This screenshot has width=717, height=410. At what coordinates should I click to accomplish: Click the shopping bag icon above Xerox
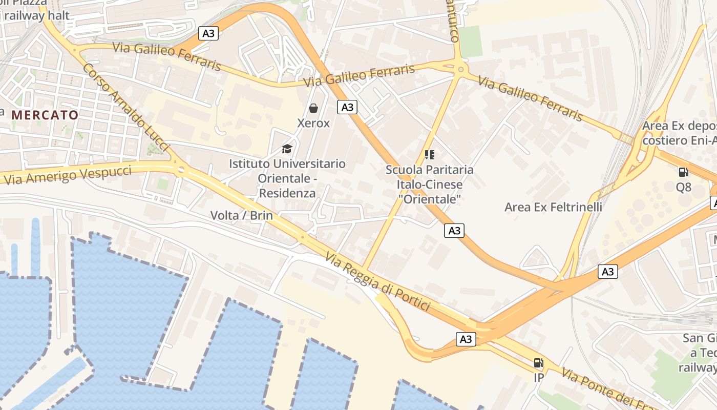point(313,108)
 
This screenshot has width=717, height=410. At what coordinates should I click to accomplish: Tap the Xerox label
point(313,124)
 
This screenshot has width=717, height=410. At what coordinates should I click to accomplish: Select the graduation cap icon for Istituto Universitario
point(287,149)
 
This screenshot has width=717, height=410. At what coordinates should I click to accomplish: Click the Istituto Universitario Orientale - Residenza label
point(287,178)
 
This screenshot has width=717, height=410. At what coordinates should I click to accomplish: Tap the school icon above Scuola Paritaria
point(429,154)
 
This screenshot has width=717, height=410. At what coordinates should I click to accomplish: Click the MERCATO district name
point(45,115)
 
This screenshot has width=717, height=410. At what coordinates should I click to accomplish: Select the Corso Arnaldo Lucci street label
point(125,107)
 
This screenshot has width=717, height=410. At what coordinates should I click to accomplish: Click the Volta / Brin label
point(242,216)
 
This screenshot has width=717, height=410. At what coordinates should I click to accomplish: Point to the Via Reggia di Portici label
point(377,282)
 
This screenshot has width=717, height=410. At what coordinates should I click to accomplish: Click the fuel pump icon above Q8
point(683,172)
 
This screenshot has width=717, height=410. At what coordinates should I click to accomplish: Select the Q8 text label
point(683,187)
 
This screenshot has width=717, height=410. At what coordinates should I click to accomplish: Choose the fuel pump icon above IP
point(538,363)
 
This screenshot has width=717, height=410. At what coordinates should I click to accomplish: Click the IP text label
point(538,378)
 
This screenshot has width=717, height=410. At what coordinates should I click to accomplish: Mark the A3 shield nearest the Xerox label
point(347,107)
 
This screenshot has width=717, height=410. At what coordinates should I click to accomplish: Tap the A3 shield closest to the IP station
point(466,339)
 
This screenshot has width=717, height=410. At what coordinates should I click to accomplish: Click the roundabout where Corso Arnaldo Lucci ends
point(180,170)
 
